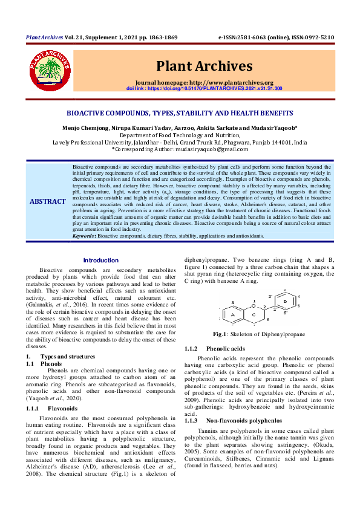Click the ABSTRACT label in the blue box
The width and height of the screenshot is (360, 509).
tap(48, 201)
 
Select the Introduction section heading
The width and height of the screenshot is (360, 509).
tap(101, 260)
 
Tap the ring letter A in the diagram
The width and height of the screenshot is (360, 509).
tap(232, 315)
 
